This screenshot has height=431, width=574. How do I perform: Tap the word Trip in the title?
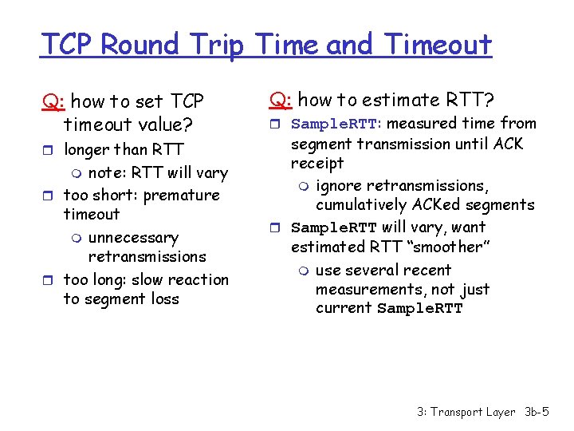223,45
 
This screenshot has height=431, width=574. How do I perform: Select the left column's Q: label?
54,101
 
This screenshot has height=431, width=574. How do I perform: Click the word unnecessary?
133,238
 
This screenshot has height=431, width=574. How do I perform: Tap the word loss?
163,299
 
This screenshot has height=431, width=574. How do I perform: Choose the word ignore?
339,186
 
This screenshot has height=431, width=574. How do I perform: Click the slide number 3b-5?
537,412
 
